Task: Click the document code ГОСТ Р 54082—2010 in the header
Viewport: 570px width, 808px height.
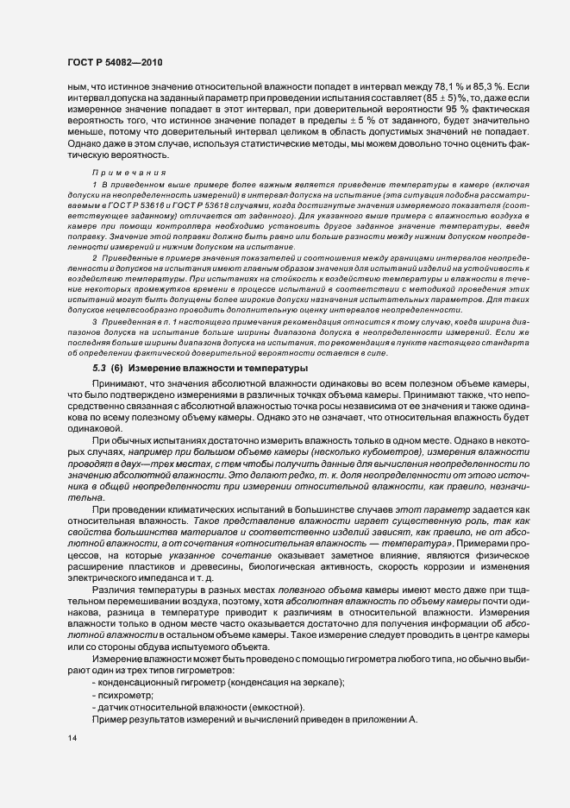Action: pos(114,63)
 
